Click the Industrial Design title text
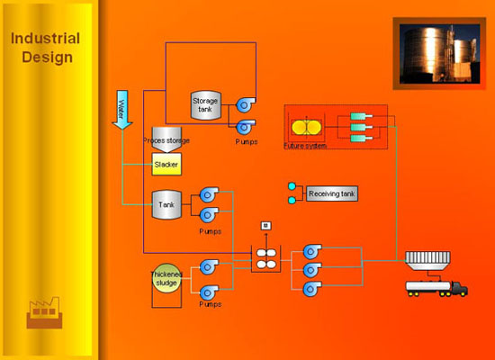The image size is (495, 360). coord(45,48)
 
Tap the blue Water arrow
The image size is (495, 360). coord(124,108)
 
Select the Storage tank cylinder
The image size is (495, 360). coord(205,104)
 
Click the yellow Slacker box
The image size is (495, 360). coord(167,166)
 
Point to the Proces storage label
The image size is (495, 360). coord(166,141)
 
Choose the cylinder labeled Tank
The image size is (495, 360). coord(166,204)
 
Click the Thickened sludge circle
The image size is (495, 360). coord(166,277)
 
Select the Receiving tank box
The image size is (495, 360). coord(331,193)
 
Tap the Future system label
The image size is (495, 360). coord(304,145)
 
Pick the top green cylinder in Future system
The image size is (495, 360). coord(359,117)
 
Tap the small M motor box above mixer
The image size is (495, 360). coord(265,225)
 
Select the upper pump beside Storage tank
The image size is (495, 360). coord(244,105)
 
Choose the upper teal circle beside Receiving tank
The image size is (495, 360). coord(292,187)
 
